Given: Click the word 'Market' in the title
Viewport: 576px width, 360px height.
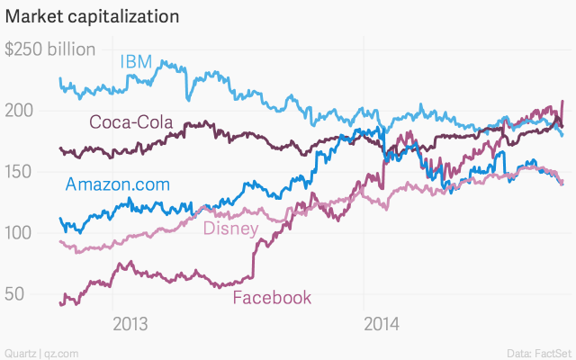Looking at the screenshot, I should pos(34,17).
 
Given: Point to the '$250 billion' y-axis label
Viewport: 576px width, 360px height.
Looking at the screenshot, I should pos(50,49).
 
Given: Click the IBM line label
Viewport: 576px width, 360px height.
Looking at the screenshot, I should pos(136,61).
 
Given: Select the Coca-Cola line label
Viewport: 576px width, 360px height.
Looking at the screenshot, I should pos(130,122).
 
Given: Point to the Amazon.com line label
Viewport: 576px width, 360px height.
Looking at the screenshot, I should pos(117,184).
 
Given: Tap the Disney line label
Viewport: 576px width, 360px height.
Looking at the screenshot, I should pos(230,228).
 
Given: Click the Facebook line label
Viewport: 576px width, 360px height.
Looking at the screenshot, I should pos(272,298).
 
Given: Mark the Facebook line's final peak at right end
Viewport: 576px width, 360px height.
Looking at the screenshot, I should pos(562,101).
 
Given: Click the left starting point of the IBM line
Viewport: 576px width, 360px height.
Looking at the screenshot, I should pos(59,79).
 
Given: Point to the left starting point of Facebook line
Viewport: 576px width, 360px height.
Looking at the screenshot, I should pos(59,303).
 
